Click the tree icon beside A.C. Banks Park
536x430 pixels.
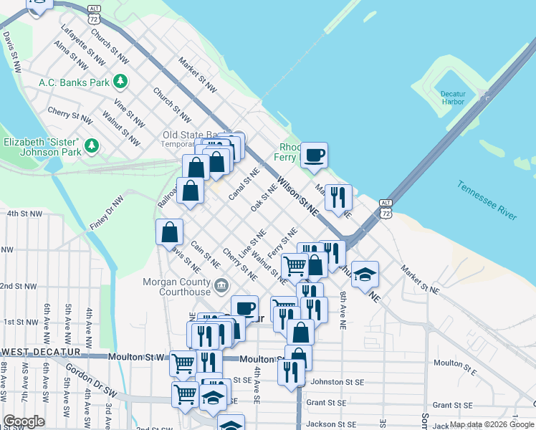tap(122, 82)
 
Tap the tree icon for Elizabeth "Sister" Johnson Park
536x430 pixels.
tap(91, 146)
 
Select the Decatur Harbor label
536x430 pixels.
tap(453, 98)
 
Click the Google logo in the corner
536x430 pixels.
tap(24, 421)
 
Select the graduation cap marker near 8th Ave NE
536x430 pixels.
tap(365, 274)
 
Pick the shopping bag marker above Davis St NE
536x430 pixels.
tap(170, 232)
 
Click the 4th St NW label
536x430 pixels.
tap(24, 214)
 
